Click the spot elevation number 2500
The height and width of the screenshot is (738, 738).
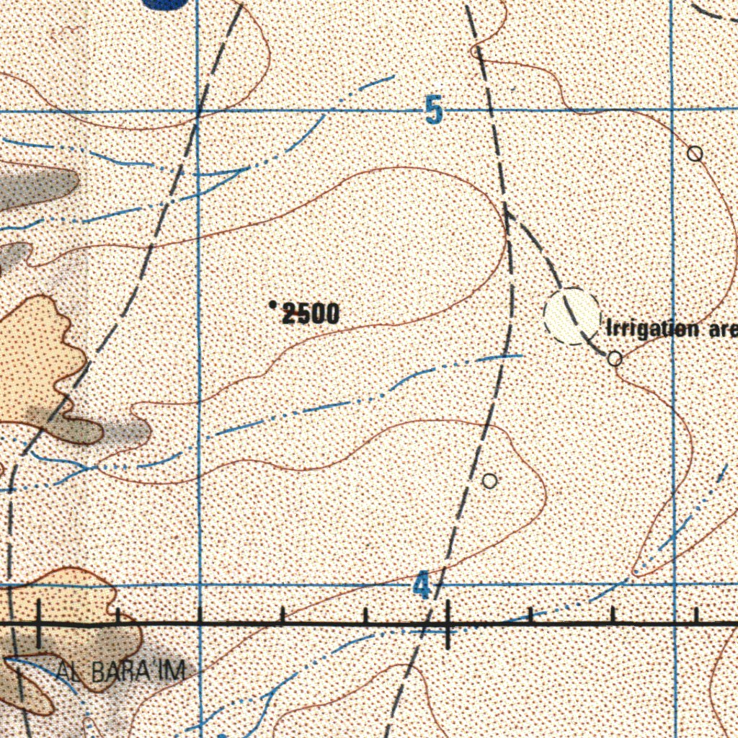(x=310, y=314)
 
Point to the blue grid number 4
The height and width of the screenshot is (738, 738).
(x=422, y=585)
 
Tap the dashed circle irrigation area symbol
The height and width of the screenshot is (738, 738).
(x=572, y=316)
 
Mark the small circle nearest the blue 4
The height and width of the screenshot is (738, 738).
(x=489, y=481)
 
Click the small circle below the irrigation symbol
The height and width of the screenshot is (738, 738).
(x=615, y=358)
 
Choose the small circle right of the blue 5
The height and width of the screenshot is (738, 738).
(x=695, y=154)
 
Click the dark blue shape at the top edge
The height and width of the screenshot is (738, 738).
(x=166, y=3)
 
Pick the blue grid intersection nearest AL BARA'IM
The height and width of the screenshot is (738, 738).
(x=200, y=585)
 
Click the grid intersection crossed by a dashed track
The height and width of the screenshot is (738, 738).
(x=200, y=112)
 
